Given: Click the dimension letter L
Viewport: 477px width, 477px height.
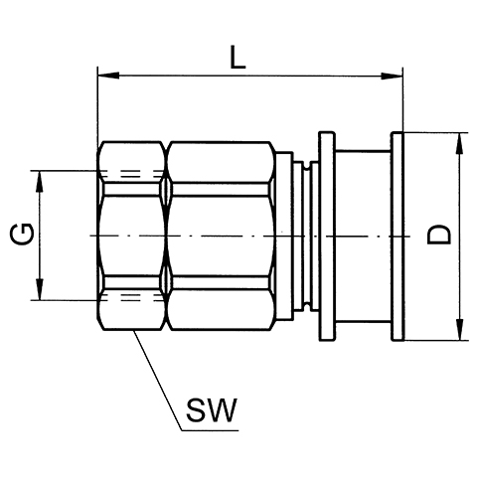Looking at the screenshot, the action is tap(238, 57).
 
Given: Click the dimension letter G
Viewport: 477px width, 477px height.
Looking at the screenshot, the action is tap(22, 234).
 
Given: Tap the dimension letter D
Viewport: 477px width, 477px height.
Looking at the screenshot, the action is tap(439, 235).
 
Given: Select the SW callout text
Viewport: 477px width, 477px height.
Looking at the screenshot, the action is tap(212, 410).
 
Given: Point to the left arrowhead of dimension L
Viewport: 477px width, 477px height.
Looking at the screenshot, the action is tap(108, 76).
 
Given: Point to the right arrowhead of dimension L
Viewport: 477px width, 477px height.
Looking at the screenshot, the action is tap(392, 76).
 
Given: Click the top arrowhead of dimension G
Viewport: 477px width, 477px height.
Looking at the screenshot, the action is tap(40, 182).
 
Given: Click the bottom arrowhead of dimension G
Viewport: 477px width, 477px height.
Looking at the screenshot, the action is tap(40, 289).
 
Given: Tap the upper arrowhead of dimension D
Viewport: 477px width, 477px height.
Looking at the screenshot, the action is tap(459, 143).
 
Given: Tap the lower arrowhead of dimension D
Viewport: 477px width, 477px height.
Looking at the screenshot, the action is tap(459, 329).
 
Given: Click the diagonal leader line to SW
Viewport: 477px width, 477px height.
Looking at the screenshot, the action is tap(158, 381).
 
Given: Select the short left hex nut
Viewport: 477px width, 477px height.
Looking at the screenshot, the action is tap(131, 236).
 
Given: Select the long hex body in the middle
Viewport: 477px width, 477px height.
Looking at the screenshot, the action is tap(221, 236).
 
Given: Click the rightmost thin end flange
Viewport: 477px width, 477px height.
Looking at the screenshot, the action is tap(397, 237).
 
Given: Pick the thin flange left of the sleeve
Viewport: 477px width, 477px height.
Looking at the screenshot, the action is tap(327, 237).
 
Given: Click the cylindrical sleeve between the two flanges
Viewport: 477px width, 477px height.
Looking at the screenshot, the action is tap(363, 237).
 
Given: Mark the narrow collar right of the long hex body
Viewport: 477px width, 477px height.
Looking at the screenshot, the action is tap(284, 237).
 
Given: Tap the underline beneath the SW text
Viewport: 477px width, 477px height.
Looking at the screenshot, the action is tap(211, 430).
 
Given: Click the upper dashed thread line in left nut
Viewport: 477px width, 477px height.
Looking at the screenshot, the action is tap(132, 174).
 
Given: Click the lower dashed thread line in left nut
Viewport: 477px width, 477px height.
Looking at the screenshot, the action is tap(132, 297).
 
